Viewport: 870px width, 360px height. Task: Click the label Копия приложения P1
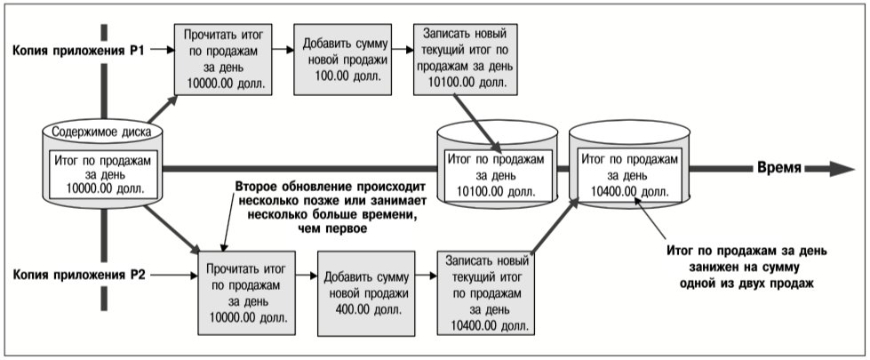(78, 50)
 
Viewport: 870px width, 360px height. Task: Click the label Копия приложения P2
(79, 275)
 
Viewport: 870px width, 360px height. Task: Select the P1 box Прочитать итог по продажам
(222, 60)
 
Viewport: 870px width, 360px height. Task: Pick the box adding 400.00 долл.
(366, 292)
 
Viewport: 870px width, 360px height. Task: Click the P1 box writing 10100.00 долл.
(466, 60)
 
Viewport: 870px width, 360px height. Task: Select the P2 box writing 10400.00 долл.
(486, 292)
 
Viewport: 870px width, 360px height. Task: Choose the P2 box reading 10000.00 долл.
(247, 292)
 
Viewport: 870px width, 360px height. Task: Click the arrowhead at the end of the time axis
(842, 169)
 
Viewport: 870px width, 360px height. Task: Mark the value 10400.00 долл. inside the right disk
(629, 191)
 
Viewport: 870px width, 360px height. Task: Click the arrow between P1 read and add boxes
(283, 50)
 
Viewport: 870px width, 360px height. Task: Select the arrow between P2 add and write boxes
(427, 274)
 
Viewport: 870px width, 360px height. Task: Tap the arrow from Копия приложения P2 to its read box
(174, 274)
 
